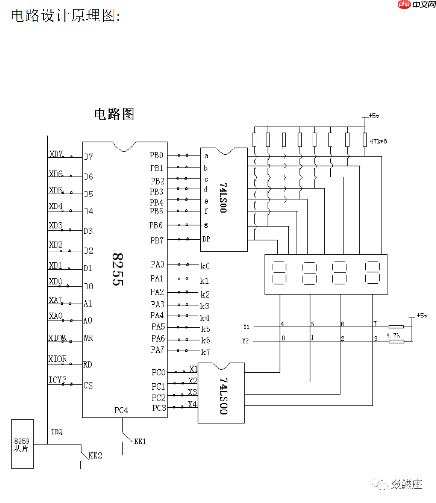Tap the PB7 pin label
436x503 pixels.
pos(157,241)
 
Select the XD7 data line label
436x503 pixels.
pos(56,154)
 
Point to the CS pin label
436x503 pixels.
pos(88,385)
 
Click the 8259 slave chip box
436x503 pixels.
pos(22,444)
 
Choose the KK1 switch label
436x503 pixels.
pos(140,441)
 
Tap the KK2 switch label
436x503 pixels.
pos(95,456)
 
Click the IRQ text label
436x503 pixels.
pos(57,432)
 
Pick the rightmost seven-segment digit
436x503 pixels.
pos(372,273)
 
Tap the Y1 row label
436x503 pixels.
pos(246,327)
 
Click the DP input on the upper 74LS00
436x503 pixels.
pos(206,239)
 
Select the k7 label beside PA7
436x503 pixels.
pos(205,352)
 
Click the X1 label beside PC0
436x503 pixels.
pos(193,369)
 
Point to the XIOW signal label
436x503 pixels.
pos(57,338)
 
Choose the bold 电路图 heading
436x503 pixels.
pos(114,114)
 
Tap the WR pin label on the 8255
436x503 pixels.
pos(88,338)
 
